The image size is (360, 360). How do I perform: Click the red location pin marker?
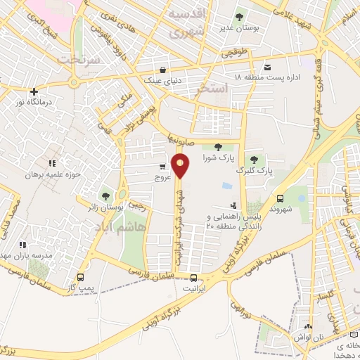181,166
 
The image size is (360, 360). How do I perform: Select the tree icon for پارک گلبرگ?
254,160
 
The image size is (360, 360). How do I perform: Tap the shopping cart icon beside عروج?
163,167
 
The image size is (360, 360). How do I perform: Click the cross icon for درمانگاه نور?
33,91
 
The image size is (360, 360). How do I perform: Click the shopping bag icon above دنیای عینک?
162,70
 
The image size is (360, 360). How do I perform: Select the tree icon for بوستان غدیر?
239,17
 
